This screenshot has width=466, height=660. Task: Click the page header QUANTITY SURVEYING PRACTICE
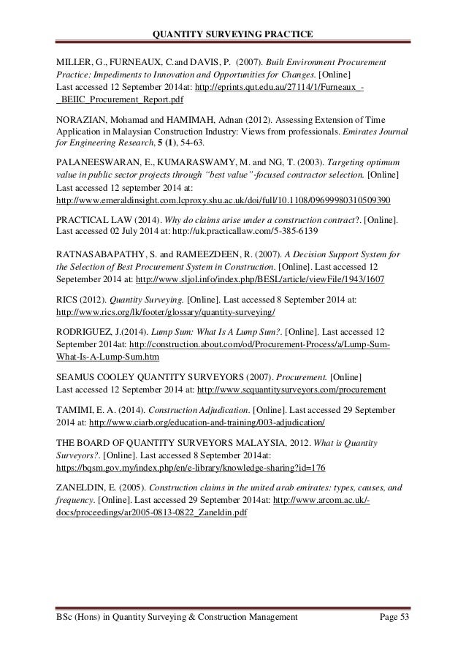tap(233, 35)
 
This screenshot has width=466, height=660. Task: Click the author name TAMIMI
tap(75, 409)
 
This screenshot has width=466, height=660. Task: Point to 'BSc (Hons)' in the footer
tap(81, 618)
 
